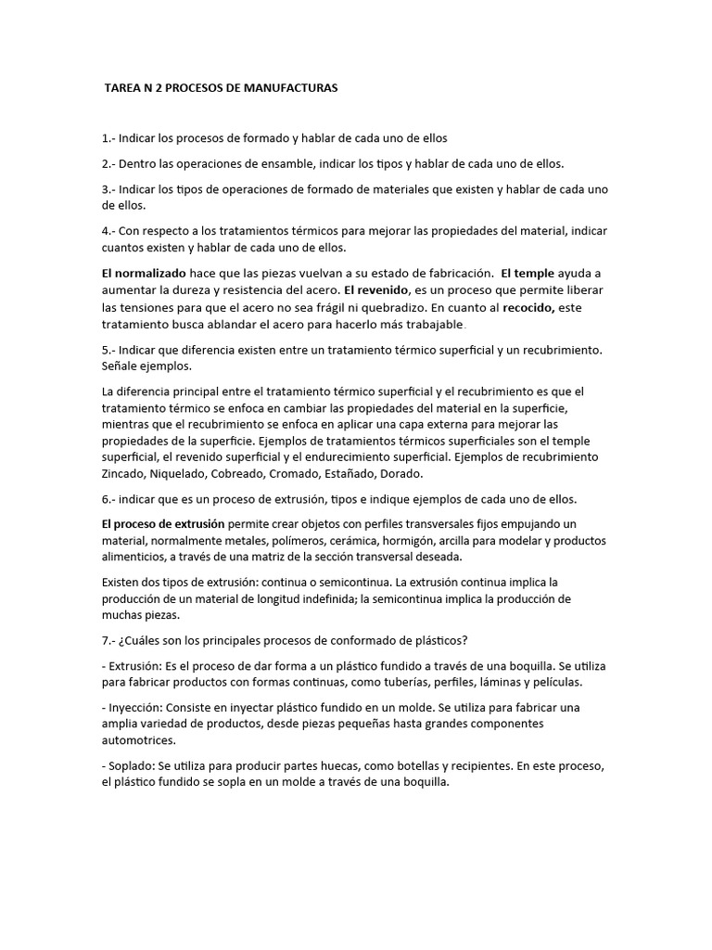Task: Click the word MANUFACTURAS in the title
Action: click(x=288, y=88)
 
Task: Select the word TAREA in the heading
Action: click(x=123, y=88)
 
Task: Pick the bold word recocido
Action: click(x=528, y=307)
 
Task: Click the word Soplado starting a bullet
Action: click(x=132, y=765)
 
